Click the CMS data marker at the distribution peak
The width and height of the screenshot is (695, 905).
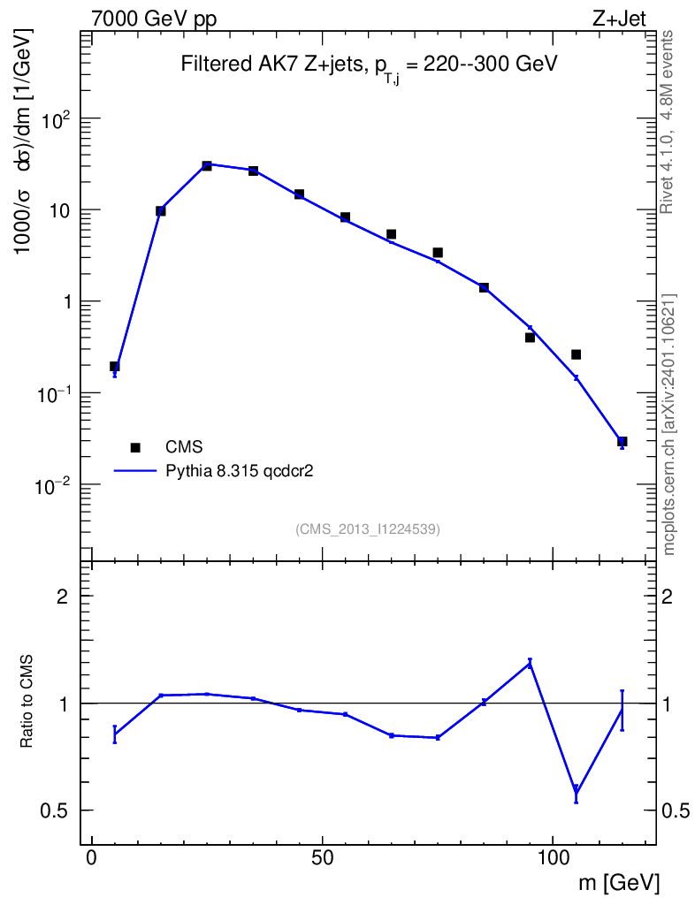point(207,165)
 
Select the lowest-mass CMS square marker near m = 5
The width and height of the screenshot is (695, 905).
point(114,366)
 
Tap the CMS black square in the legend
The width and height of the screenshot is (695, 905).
point(135,447)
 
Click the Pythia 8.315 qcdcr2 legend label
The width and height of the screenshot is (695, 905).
point(239,471)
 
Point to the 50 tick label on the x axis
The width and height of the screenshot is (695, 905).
point(322,857)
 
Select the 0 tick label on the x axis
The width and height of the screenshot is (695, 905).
point(92,857)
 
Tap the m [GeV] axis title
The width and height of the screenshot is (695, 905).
point(618,883)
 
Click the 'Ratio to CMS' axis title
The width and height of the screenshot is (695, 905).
point(26,702)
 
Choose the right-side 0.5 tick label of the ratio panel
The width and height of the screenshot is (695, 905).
point(676,810)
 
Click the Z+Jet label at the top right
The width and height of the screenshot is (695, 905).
point(619,19)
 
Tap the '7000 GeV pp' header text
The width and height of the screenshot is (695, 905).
point(154,19)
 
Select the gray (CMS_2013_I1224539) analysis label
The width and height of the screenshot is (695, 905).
point(368,529)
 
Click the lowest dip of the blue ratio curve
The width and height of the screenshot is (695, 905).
point(577,794)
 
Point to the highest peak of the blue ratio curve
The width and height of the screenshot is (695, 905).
point(530,664)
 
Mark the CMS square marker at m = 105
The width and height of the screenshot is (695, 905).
point(577,354)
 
